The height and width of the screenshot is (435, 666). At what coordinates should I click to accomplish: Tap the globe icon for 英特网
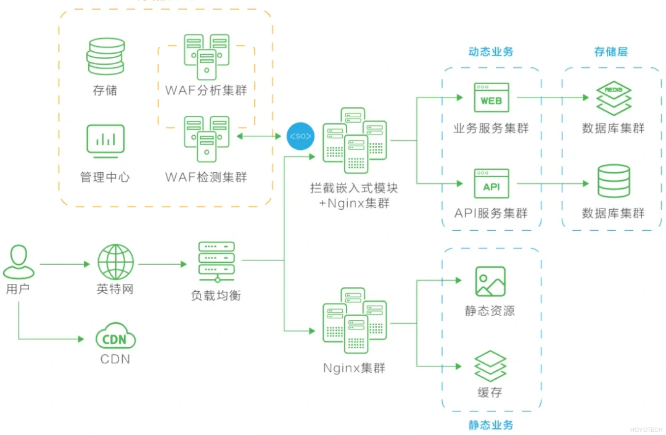[115, 262]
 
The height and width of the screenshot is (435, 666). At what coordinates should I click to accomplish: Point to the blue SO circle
[300, 136]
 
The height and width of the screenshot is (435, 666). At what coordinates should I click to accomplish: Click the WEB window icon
[491, 98]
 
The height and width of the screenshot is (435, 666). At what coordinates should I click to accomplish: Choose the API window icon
[491, 184]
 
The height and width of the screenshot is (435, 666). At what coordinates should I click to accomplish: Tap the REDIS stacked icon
[614, 98]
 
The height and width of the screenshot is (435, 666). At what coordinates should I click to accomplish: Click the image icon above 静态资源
[490, 281]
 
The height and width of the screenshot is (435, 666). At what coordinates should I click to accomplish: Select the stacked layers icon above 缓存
[490, 366]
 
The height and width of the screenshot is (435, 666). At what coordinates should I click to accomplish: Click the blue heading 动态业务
[491, 52]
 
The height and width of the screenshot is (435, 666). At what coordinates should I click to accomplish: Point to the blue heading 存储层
[611, 52]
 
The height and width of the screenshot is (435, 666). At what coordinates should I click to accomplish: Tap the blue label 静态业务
[491, 425]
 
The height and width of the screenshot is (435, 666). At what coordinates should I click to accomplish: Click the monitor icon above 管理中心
[105, 141]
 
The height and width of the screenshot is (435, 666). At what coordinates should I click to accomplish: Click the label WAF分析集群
[206, 91]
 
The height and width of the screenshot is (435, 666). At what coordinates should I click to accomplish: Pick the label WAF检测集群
[206, 177]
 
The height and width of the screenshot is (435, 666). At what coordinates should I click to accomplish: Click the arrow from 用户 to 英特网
[65, 264]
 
